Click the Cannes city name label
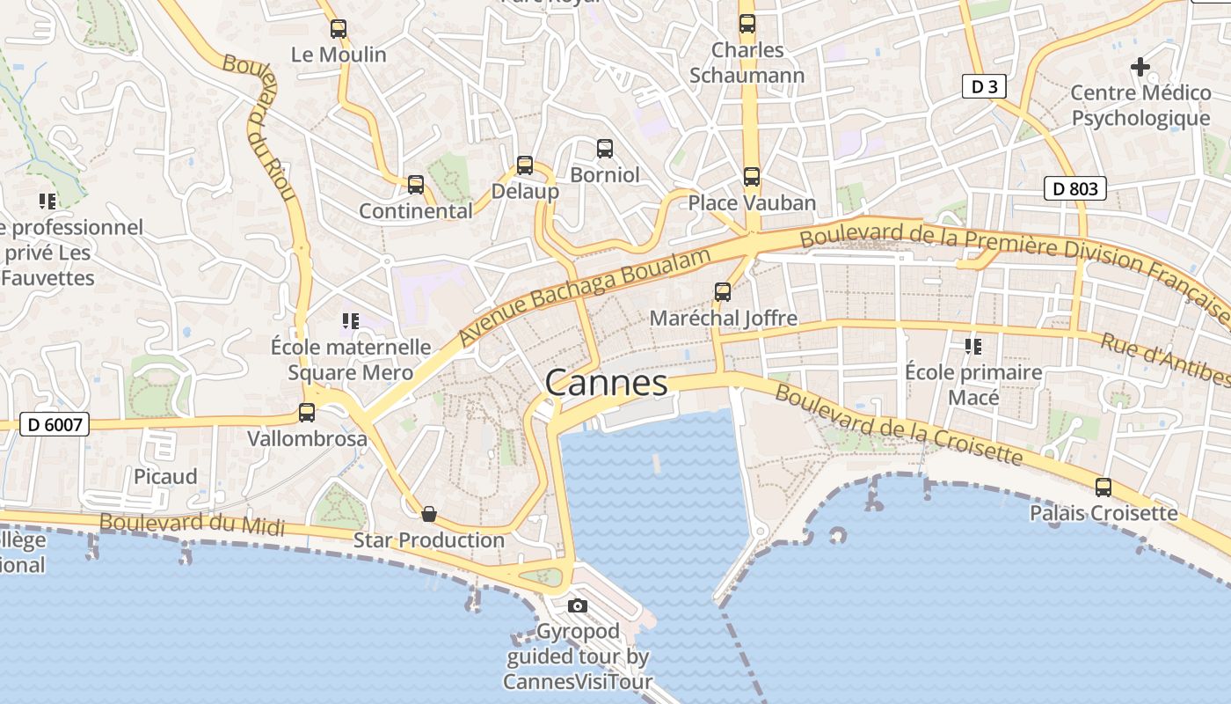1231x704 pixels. (606, 383)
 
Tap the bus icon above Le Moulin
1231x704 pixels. (339, 29)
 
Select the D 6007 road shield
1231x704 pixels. (55, 425)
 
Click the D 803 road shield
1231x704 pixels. (1074, 187)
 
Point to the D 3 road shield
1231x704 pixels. (984, 86)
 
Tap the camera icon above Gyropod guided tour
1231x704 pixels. (578, 605)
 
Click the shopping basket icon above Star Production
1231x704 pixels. (429, 514)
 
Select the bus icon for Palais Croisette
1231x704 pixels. (1104, 487)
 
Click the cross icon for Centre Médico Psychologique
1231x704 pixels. (1140, 66)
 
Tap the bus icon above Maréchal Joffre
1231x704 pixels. (723, 291)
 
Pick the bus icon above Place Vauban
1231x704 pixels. (752, 177)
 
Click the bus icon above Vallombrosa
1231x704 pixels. (307, 412)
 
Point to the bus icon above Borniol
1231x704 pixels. (605, 148)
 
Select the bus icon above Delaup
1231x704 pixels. (525, 165)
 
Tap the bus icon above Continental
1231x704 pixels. (416, 185)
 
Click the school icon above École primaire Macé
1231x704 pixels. (973, 346)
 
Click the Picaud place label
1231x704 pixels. (165, 476)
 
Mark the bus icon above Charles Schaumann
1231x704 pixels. (747, 24)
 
